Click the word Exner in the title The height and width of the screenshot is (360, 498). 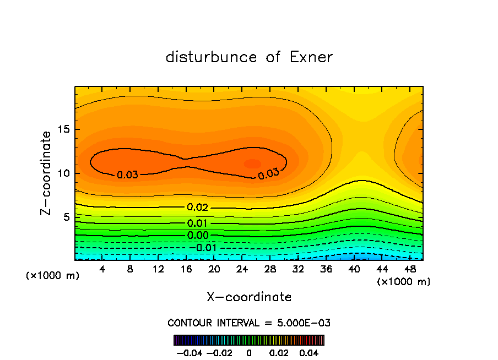[311, 57]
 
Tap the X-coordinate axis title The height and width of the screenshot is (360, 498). [249, 297]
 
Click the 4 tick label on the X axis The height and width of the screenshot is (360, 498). [102, 269]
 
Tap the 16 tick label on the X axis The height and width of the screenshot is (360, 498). [186, 269]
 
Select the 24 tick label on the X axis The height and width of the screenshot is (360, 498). [242, 269]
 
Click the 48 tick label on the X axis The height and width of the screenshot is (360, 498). [410, 269]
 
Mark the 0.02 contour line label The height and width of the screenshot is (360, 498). [198, 208]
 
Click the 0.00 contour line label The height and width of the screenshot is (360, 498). [198, 236]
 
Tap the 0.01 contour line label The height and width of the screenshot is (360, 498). [198, 223]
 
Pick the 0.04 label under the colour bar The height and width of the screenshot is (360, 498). [309, 352]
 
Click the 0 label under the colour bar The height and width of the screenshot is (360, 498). [249, 352]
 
